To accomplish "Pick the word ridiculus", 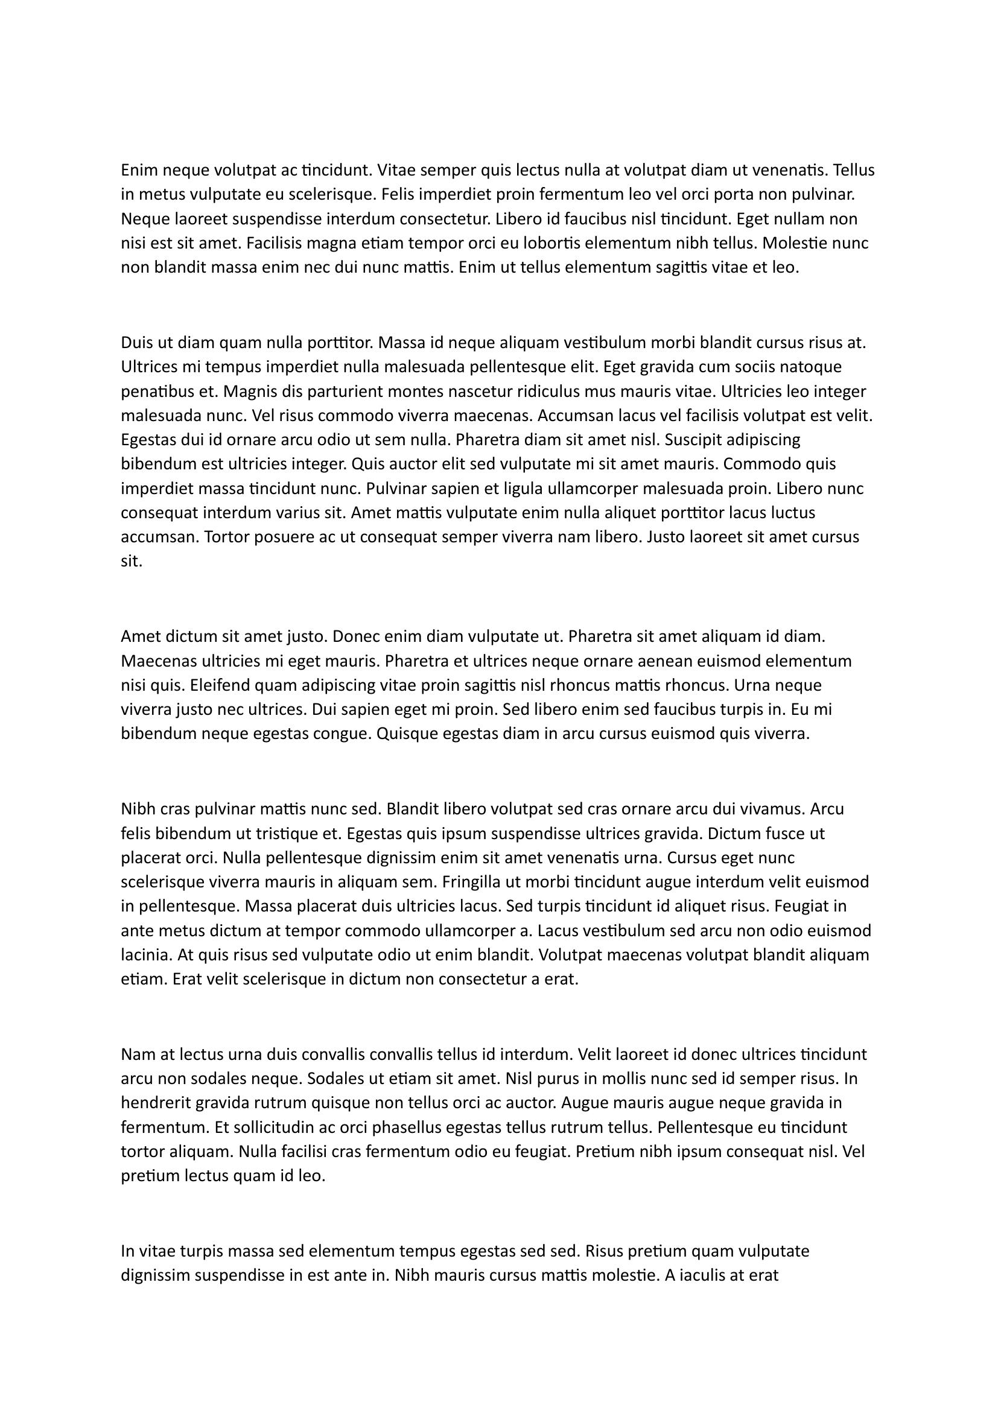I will tap(538, 392).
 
